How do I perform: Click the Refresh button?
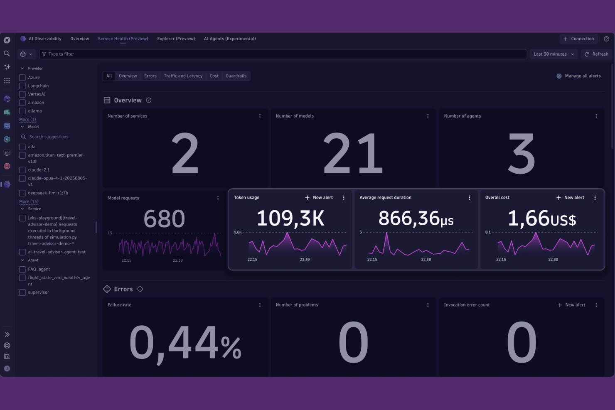pyautogui.click(x=596, y=54)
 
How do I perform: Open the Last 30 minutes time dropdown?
pyautogui.click(x=553, y=54)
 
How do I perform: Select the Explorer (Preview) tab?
pyautogui.click(x=176, y=39)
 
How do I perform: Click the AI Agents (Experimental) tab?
pyautogui.click(x=229, y=39)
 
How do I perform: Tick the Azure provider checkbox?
pyautogui.click(x=22, y=78)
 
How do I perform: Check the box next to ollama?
pyautogui.click(x=22, y=111)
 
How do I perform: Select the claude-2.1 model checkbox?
pyautogui.click(x=22, y=170)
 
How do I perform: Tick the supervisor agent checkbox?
pyautogui.click(x=22, y=292)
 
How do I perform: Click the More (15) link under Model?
pyautogui.click(x=29, y=201)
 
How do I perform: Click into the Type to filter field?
pyautogui.click(x=283, y=54)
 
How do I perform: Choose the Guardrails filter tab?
pyautogui.click(x=236, y=76)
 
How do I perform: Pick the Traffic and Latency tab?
pyautogui.click(x=183, y=76)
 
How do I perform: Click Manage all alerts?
pyautogui.click(x=578, y=76)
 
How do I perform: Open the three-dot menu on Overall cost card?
pyautogui.click(x=595, y=198)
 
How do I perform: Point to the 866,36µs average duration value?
pyautogui.click(x=416, y=219)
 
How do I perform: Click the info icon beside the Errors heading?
pyautogui.click(x=140, y=289)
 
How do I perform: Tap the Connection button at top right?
pyautogui.click(x=578, y=39)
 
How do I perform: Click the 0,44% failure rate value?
pyautogui.click(x=185, y=343)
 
